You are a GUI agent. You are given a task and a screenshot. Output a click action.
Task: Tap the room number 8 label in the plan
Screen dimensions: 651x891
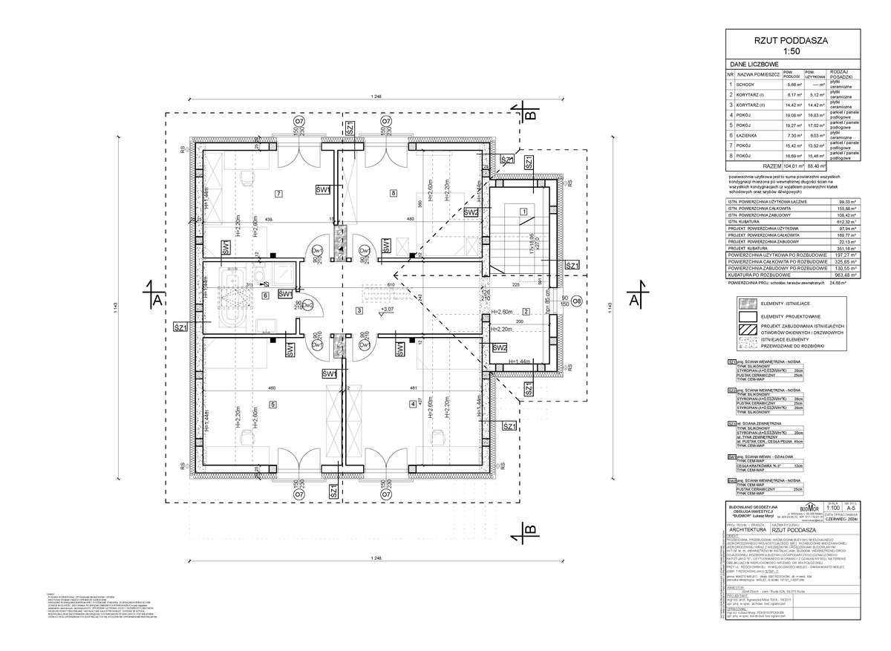(x=393, y=194)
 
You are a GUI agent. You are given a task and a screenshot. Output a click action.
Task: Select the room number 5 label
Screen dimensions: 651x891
(x=273, y=404)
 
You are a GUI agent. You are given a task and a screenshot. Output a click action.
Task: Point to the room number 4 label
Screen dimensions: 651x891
(x=412, y=404)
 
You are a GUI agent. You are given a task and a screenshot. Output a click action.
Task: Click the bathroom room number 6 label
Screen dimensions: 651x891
(x=265, y=295)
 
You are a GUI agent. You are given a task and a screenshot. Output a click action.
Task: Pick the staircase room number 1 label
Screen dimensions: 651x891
(x=523, y=211)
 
